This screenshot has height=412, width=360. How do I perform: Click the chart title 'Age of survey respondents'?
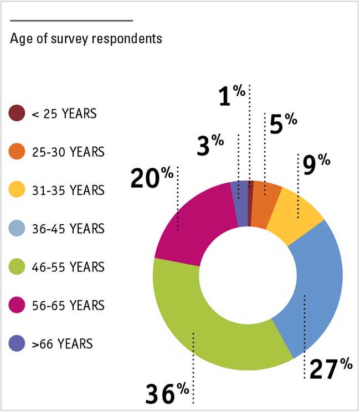tap(86, 39)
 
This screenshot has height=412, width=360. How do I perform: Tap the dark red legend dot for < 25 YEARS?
tap(17, 114)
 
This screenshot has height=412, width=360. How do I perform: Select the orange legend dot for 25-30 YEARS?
tap(17, 152)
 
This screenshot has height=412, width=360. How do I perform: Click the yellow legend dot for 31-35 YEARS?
tap(17, 190)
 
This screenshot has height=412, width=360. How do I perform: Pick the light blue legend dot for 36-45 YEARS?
tap(17, 229)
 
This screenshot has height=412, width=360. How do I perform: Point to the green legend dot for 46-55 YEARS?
tap(17, 267)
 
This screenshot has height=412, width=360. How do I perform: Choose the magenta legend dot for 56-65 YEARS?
tap(17, 305)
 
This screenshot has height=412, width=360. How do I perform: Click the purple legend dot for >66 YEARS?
tap(17, 343)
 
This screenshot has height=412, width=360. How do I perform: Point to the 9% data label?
tap(316, 164)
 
